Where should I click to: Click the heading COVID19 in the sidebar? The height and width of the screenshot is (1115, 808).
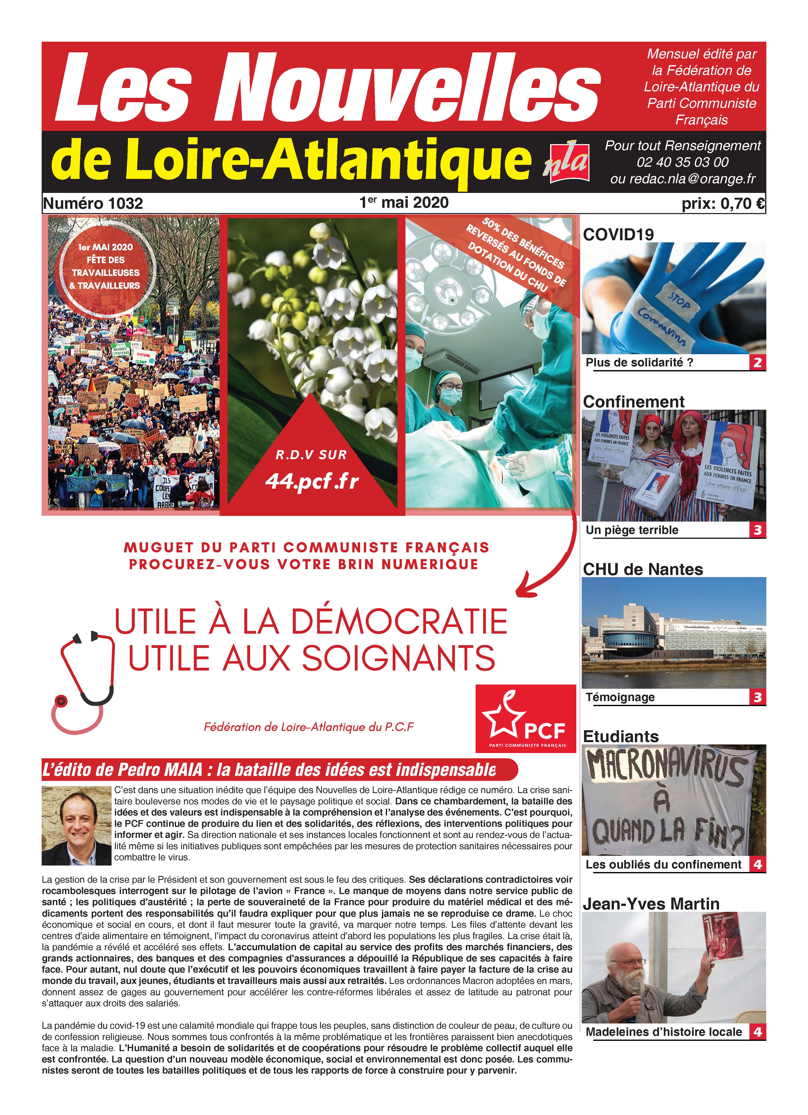pos(618,235)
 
